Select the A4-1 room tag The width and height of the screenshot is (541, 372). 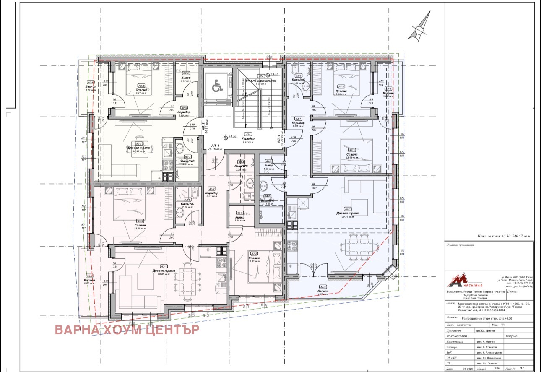(347, 209)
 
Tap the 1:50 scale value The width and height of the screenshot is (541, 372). (497, 369)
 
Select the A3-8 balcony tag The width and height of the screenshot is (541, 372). (89, 276)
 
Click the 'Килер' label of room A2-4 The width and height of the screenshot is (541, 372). (186, 78)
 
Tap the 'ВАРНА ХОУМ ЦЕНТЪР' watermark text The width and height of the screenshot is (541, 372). (127, 330)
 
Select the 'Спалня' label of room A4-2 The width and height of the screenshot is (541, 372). (352, 155)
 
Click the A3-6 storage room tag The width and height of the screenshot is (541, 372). (240, 213)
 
